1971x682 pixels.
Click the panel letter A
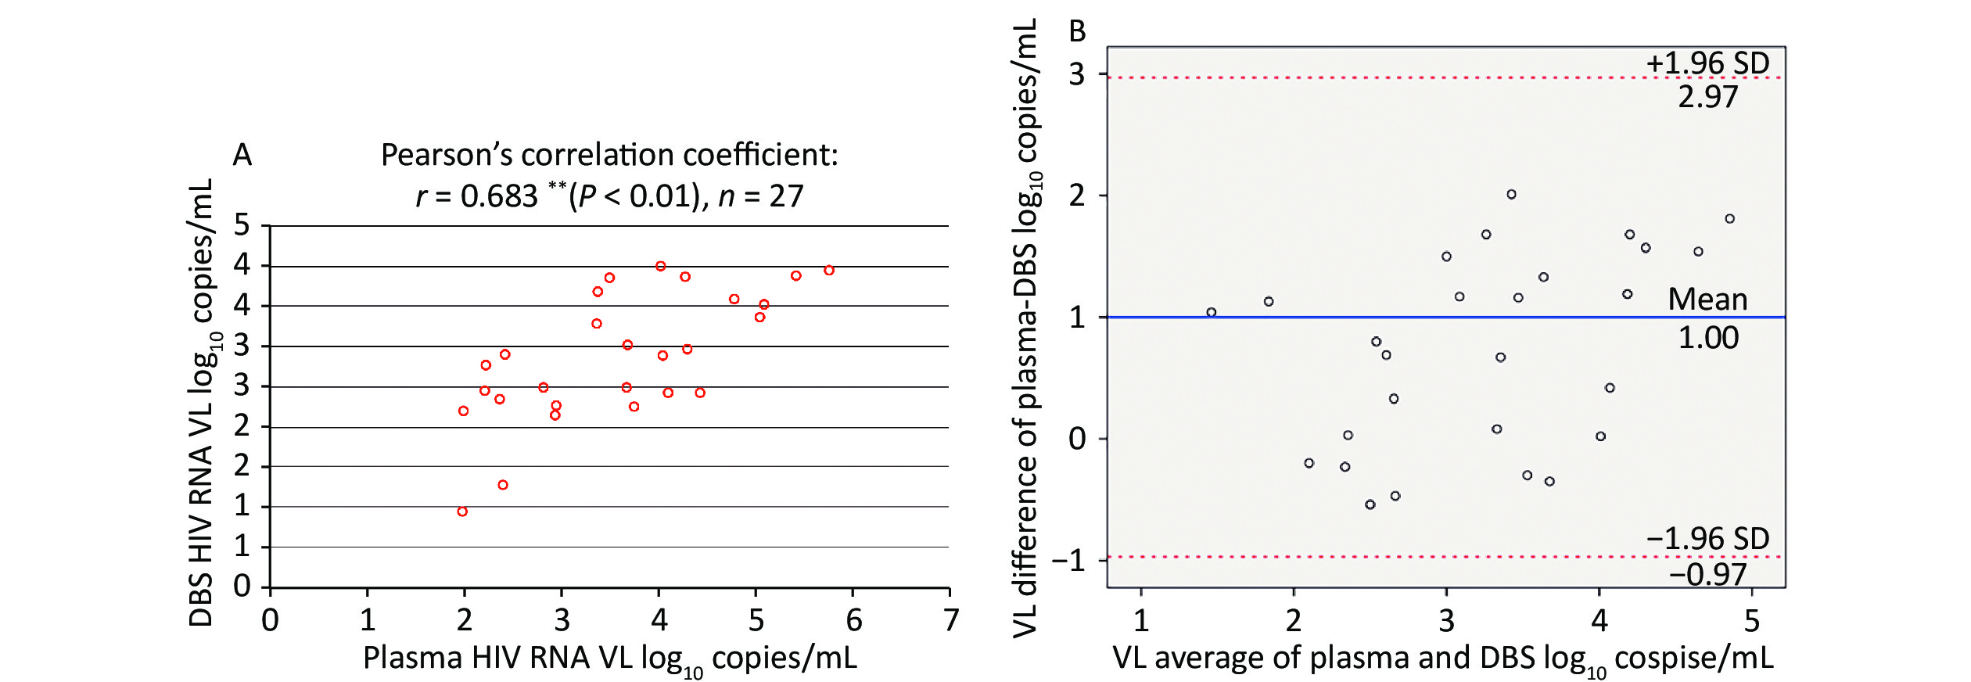click(242, 155)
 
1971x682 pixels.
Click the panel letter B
click(1077, 32)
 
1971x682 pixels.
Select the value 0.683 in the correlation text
click(499, 196)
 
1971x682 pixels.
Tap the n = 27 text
click(761, 196)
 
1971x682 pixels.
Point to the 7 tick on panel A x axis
click(951, 620)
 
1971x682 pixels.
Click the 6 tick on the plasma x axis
click(854, 620)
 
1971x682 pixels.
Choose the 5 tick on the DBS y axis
click(242, 225)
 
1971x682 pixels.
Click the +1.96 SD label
click(1707, 63)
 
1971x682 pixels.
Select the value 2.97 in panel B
click(1708, 97)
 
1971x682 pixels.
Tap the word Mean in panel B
click(1707, 300)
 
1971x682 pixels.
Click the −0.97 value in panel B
click(1707, 575)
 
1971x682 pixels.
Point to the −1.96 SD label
click(1707, 539)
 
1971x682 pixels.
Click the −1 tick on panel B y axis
click(1069, 560)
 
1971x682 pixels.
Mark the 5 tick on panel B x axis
click(1752, 621)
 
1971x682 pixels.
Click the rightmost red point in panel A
click(829, 271)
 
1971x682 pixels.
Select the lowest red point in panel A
click(462, 511)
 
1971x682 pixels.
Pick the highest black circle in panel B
click(1512, 195)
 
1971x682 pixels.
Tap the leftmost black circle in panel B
click(1212, 312)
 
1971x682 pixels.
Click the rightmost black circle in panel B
click(1730, 219)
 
